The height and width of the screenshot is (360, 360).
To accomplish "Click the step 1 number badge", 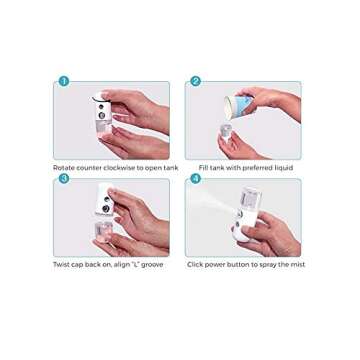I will click(x=63, y=81).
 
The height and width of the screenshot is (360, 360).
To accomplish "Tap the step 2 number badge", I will click(x=196, y=81).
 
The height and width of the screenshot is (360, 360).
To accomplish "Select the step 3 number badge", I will click(x=63, y=178).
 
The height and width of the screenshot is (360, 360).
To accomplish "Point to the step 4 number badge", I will click(x=196, y=178).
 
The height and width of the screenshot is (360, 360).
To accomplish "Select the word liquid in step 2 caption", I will click(x=284, y=167).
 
